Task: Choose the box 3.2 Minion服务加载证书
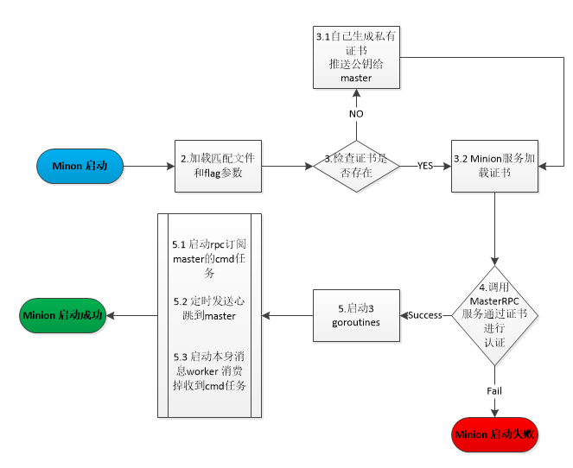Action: tap(494, 165)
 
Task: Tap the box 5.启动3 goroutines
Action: tap(355, 315)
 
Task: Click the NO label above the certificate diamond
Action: tap(356, 113)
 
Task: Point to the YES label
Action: tap(425, 165)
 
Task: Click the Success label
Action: tap(425, 315)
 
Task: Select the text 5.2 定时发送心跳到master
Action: tap(209, 308)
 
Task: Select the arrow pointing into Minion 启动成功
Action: tap(135, 315)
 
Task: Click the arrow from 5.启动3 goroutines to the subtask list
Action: tap(287, 315)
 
